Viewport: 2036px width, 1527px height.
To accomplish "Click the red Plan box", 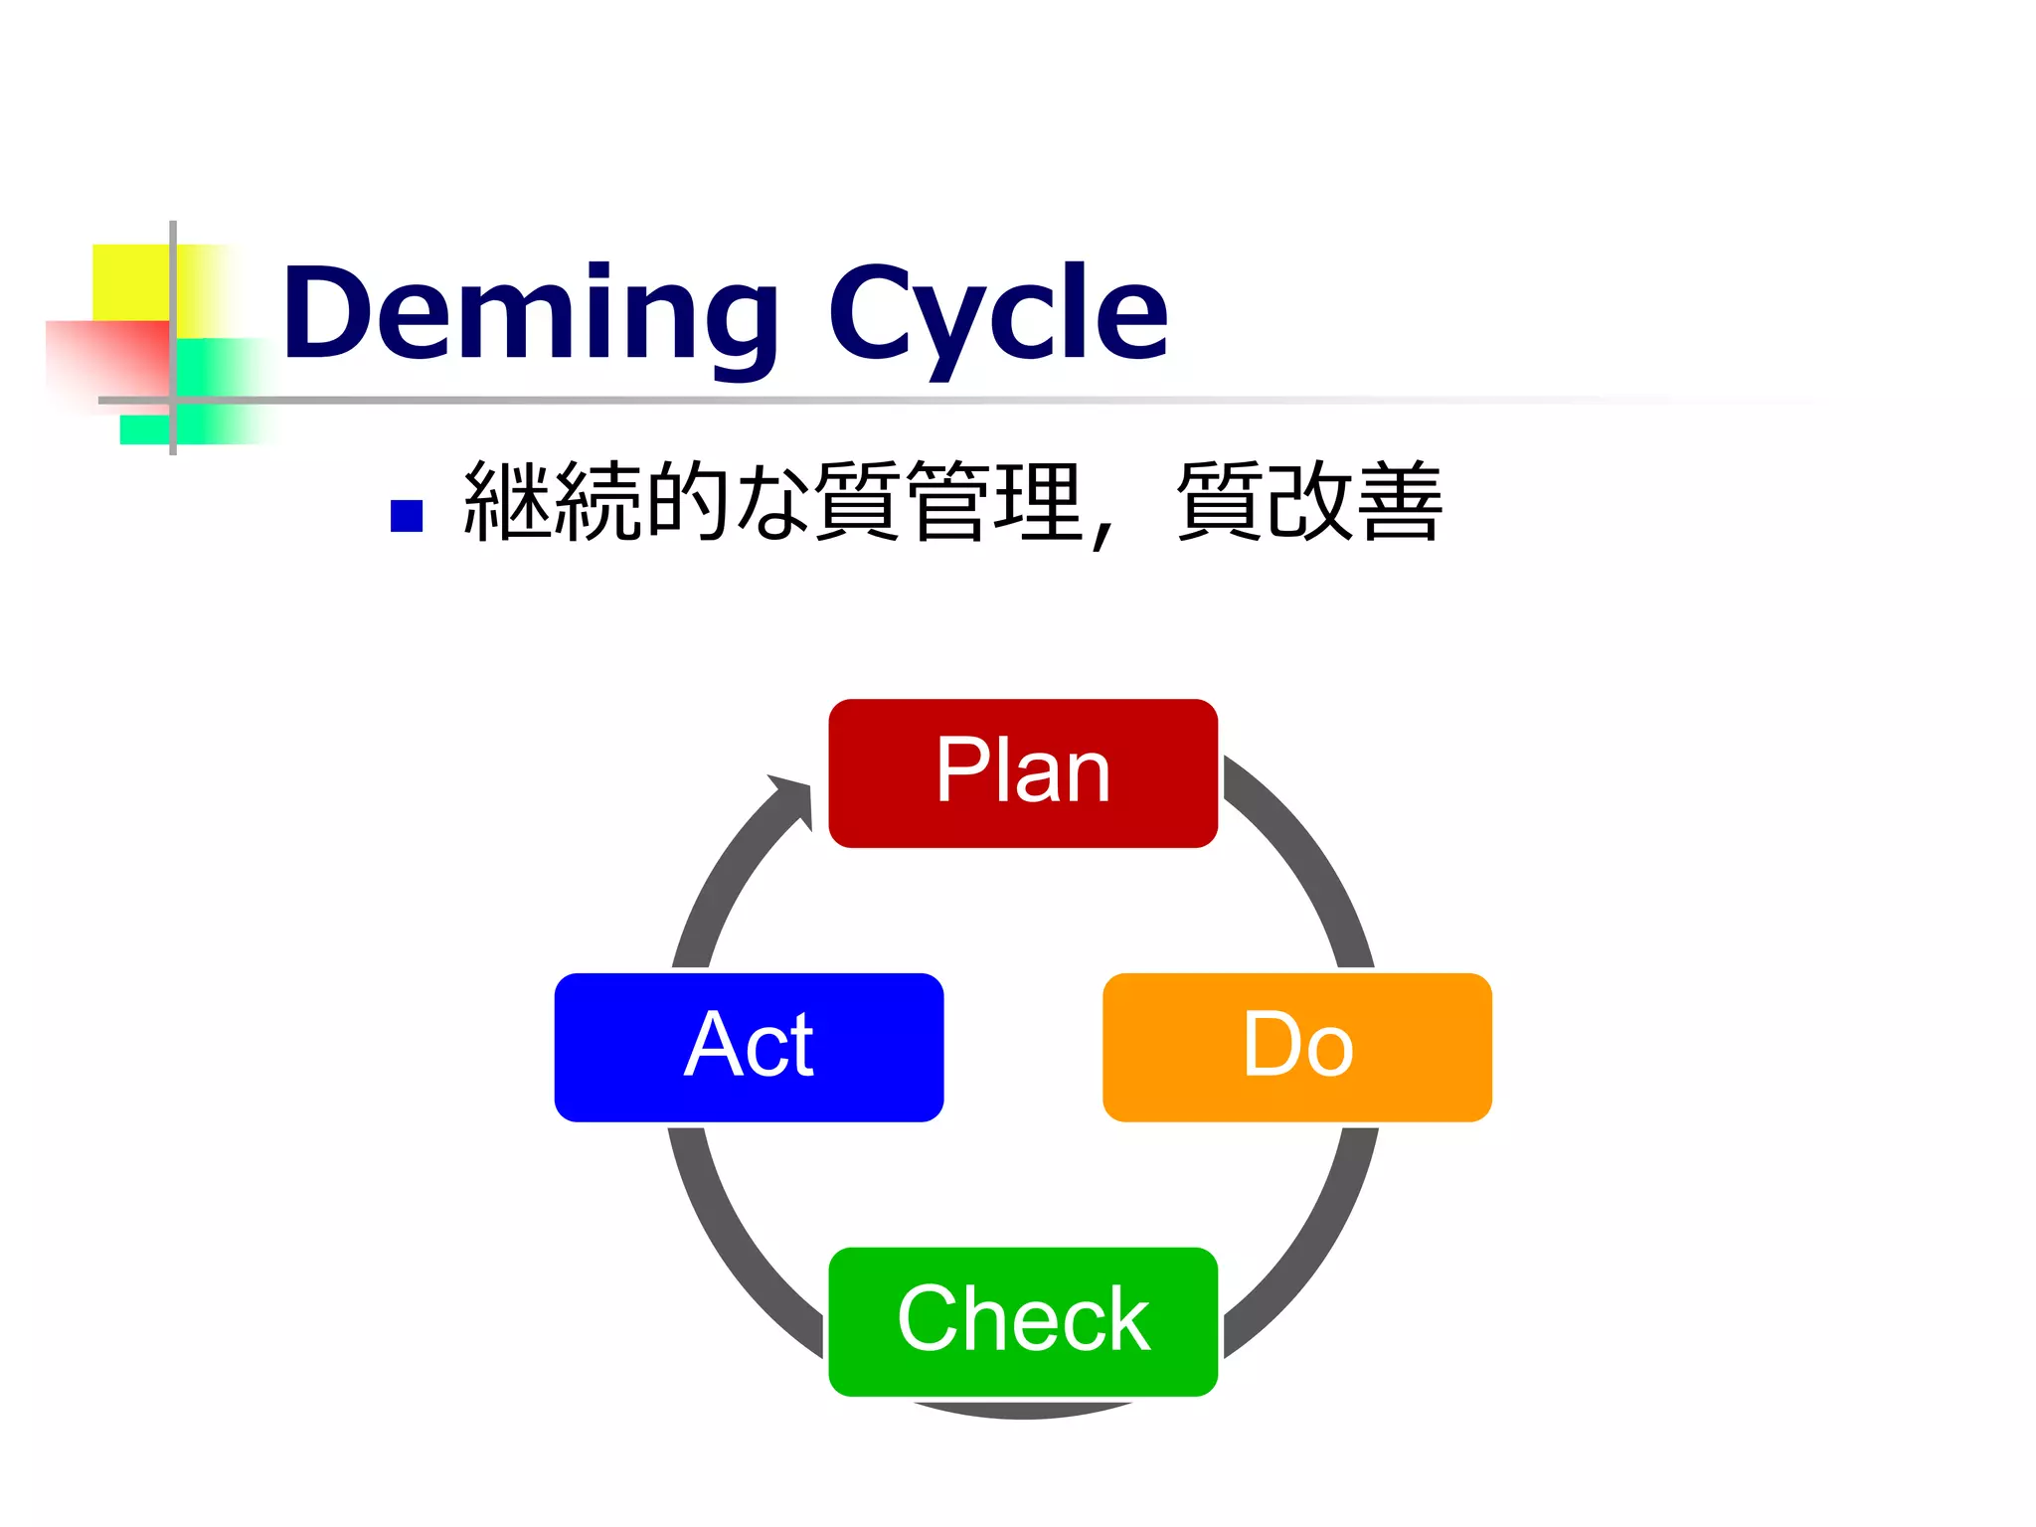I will (1023, 773).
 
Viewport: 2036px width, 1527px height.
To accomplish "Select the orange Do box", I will (1296, 1047).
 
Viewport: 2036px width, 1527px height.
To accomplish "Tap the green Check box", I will (1023, 1321).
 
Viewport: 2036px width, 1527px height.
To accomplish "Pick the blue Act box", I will (749, 1047).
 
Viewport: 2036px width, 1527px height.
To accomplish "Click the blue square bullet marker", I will (407, 516).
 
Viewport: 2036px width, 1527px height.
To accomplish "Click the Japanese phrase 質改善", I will (1308, 502).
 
